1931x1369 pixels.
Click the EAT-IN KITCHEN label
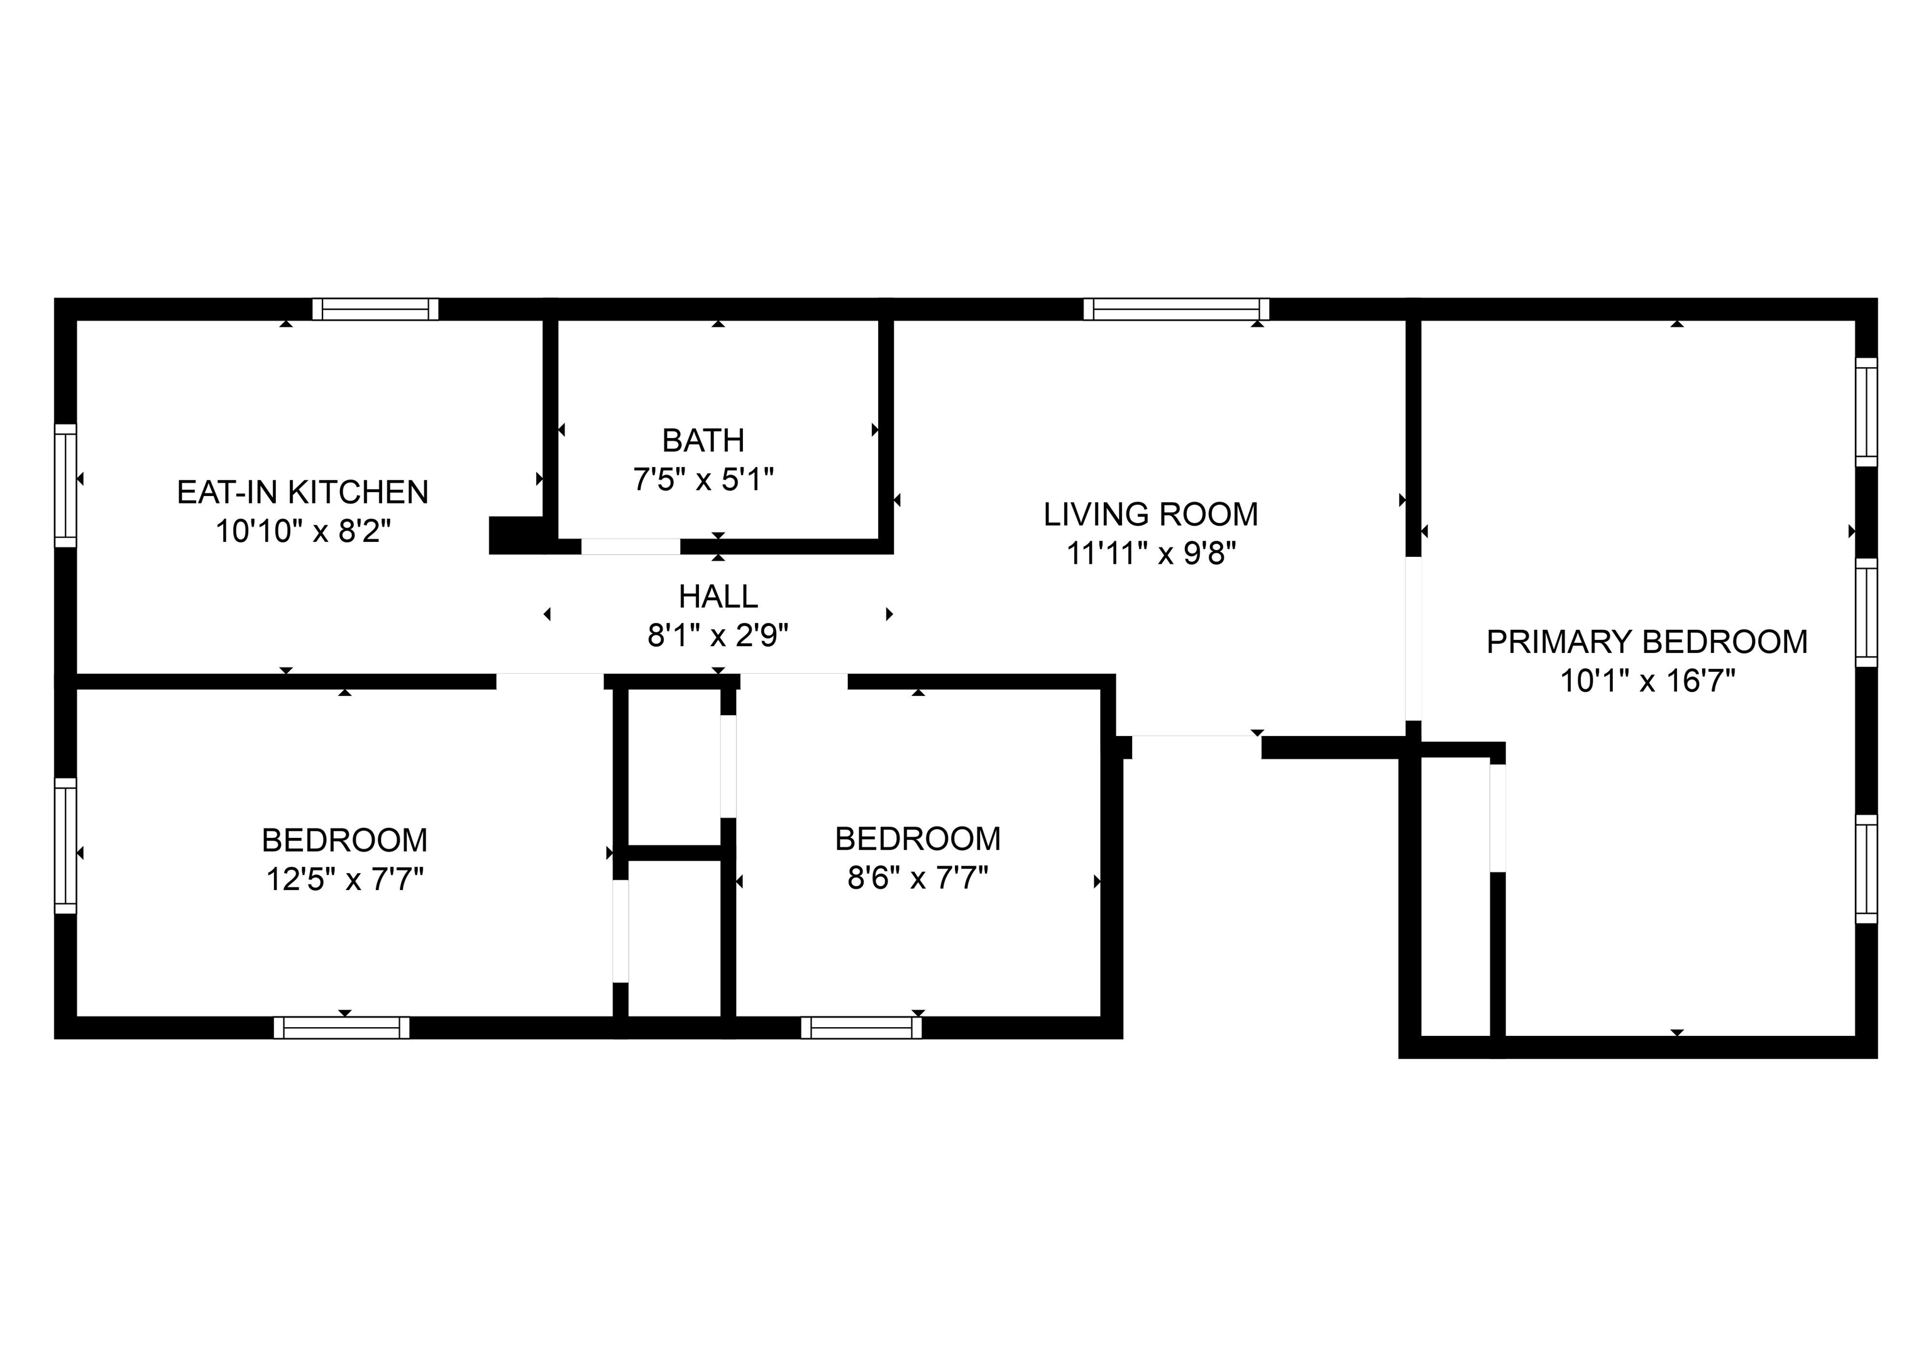302,492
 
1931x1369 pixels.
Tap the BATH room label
703,440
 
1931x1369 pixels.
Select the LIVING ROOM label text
1150,514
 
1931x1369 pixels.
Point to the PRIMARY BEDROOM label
1647,642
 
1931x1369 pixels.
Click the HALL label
718,597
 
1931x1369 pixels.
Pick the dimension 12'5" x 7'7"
344,879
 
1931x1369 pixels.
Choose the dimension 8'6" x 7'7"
918,878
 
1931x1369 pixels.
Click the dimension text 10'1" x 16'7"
1648,680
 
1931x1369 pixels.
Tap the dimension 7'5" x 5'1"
703,480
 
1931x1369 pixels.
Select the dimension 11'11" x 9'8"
1152,553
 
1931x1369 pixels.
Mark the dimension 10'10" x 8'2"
304,531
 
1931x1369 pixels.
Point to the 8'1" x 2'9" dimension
718,635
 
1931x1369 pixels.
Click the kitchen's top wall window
376,309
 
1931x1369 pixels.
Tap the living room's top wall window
1177,309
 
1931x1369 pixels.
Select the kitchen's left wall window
66,485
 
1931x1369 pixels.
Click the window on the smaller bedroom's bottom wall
861,1028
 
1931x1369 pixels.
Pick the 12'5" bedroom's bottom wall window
341,1028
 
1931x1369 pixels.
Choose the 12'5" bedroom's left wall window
66,845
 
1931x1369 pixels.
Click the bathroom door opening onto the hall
630,546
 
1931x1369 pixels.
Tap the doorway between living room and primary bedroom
1414,639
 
